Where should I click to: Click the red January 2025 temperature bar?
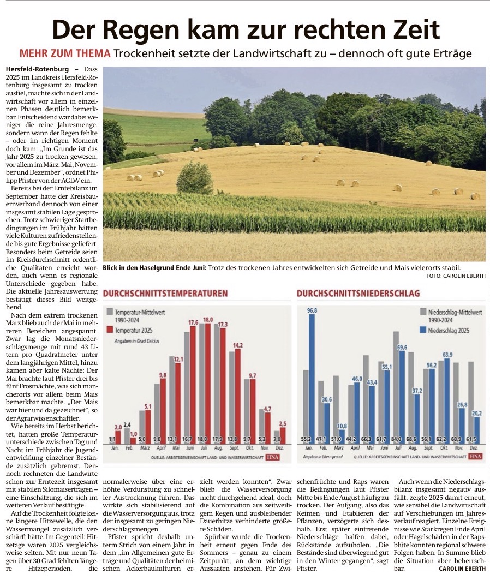coord(118,437)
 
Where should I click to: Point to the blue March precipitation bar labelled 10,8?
coord(342,435)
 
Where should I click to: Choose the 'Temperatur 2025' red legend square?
coord(110,330)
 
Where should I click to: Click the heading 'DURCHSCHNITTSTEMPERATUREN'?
coord(165,294)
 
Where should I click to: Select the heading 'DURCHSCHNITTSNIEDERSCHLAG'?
coord(358,294)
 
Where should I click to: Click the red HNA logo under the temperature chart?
coord(272,457)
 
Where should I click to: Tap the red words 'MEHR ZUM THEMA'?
coord(65,54)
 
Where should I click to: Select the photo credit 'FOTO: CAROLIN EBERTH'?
coord(456,276)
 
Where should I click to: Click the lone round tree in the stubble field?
coord(195,178)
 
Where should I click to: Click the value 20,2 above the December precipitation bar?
coord(477,412)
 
